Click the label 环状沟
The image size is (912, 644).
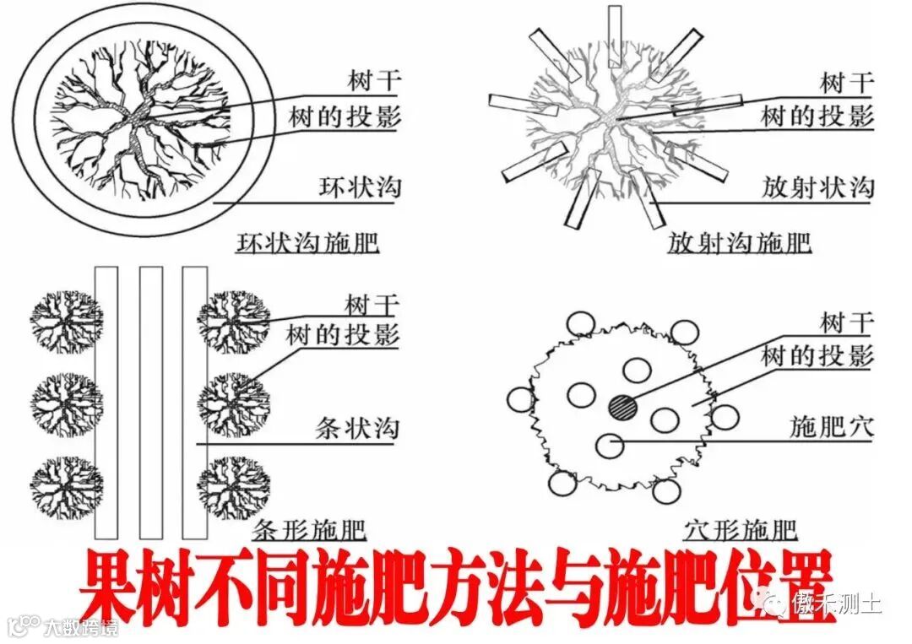tap(360, 187)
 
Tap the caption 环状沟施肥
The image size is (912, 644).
tap(307, 243)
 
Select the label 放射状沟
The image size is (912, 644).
tap(817, 187)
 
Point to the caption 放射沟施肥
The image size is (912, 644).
tap(739, 243)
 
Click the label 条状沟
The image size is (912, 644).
tap(357, 429)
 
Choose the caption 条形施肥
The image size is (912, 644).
tap(309, 529)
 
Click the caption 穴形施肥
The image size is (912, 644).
tap(740, 529)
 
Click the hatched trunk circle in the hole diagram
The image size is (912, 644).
tap(623, 406)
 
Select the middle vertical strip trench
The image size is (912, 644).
tap(151, 403)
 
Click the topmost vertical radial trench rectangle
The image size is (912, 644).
tap(615, 36)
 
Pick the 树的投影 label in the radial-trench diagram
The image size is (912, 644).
tap(817, 116)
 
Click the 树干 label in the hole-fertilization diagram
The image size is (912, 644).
tap(848, 322)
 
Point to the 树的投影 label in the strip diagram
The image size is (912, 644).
tap(343, 335)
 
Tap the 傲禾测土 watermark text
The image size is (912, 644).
tap(836, 603)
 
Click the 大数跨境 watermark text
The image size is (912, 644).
tap(81, 627)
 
